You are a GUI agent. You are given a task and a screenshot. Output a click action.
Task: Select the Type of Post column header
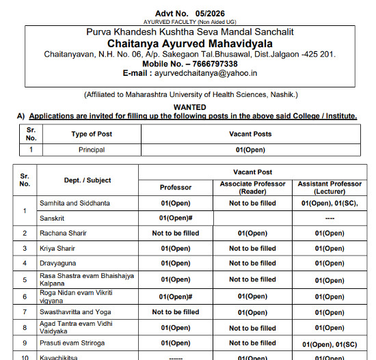point(92,134)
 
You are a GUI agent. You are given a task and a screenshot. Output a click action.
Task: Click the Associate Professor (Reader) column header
point(252,186)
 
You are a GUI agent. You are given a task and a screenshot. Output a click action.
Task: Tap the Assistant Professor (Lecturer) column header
point(330,186)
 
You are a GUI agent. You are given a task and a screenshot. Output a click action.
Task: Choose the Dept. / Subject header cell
point(88,180)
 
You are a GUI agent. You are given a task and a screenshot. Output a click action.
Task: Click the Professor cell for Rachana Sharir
point(176,233)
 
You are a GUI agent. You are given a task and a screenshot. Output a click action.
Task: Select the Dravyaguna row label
point(77,263)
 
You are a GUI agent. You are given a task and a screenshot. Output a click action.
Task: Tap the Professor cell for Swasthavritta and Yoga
point(176,312)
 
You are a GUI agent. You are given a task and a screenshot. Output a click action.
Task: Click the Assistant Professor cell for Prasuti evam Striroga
point(330,343)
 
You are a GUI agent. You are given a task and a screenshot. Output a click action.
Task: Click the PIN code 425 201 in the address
point(321,54)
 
